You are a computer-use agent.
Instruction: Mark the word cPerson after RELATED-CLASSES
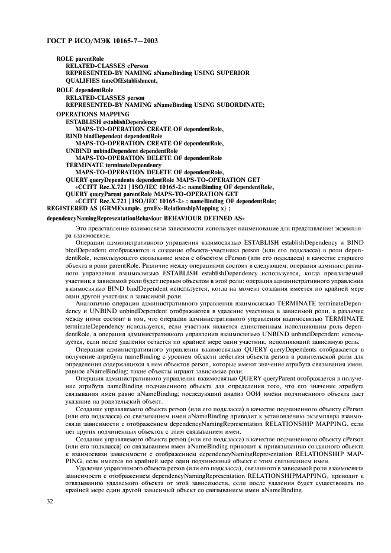click(x=138, y=66)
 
